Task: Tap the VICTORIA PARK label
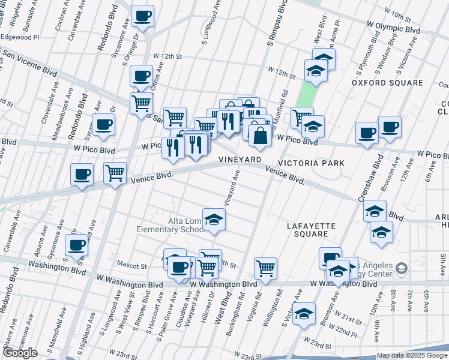tap(315, 163)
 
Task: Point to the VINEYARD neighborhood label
tap(239, 160)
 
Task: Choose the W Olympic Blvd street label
tap(393, 28)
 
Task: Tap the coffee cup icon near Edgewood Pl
tap(142, 16)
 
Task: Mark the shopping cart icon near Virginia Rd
tap(265, 268)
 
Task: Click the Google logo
tap(20, 353)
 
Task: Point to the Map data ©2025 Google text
tap(411, 355)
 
